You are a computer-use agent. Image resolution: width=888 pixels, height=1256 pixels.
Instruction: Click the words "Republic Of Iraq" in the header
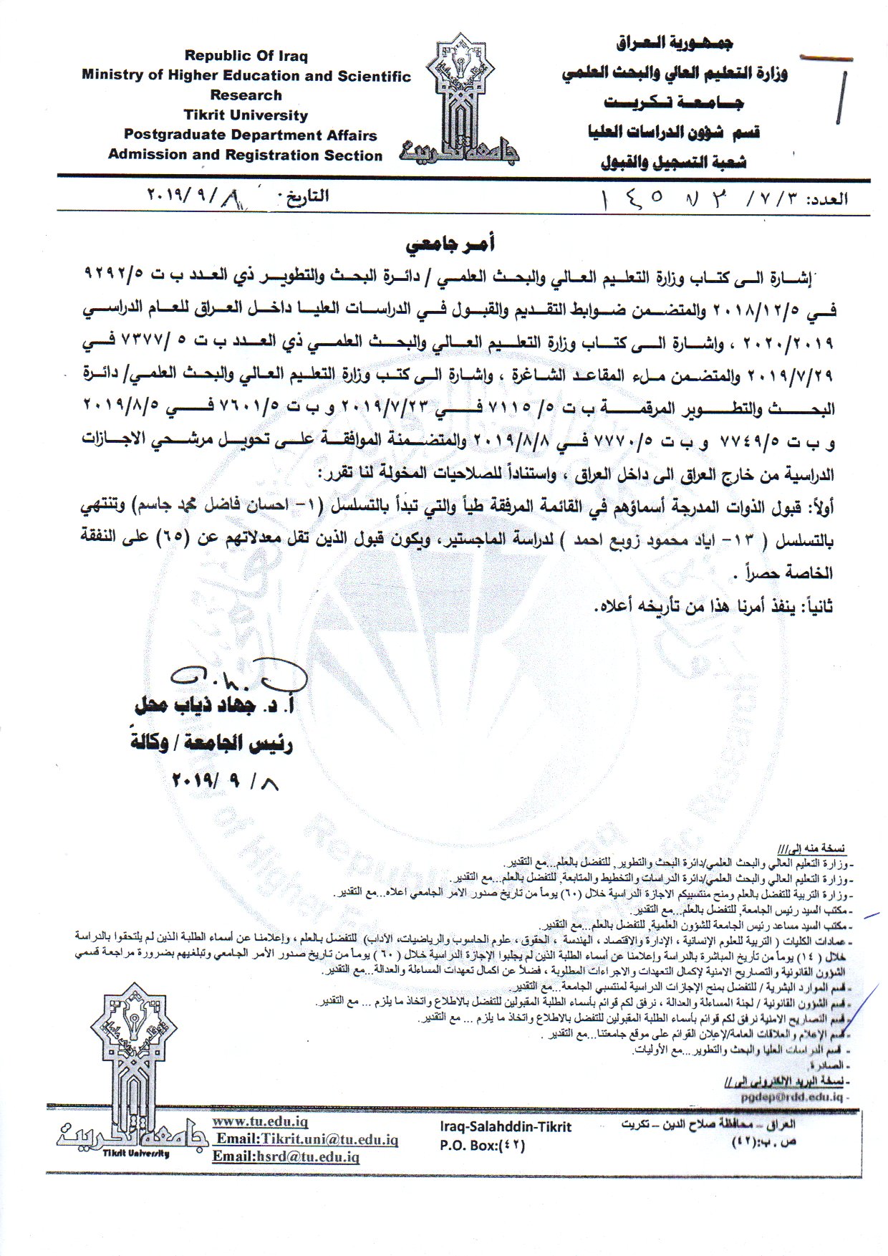(x=246, y=56)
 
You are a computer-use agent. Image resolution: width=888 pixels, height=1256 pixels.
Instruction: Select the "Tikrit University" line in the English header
(x=246, y=115)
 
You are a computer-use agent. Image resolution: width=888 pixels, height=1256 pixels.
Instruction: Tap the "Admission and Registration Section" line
(x=245, y=155)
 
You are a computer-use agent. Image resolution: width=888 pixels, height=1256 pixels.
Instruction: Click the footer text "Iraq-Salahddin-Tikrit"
(x=506, y=1127)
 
